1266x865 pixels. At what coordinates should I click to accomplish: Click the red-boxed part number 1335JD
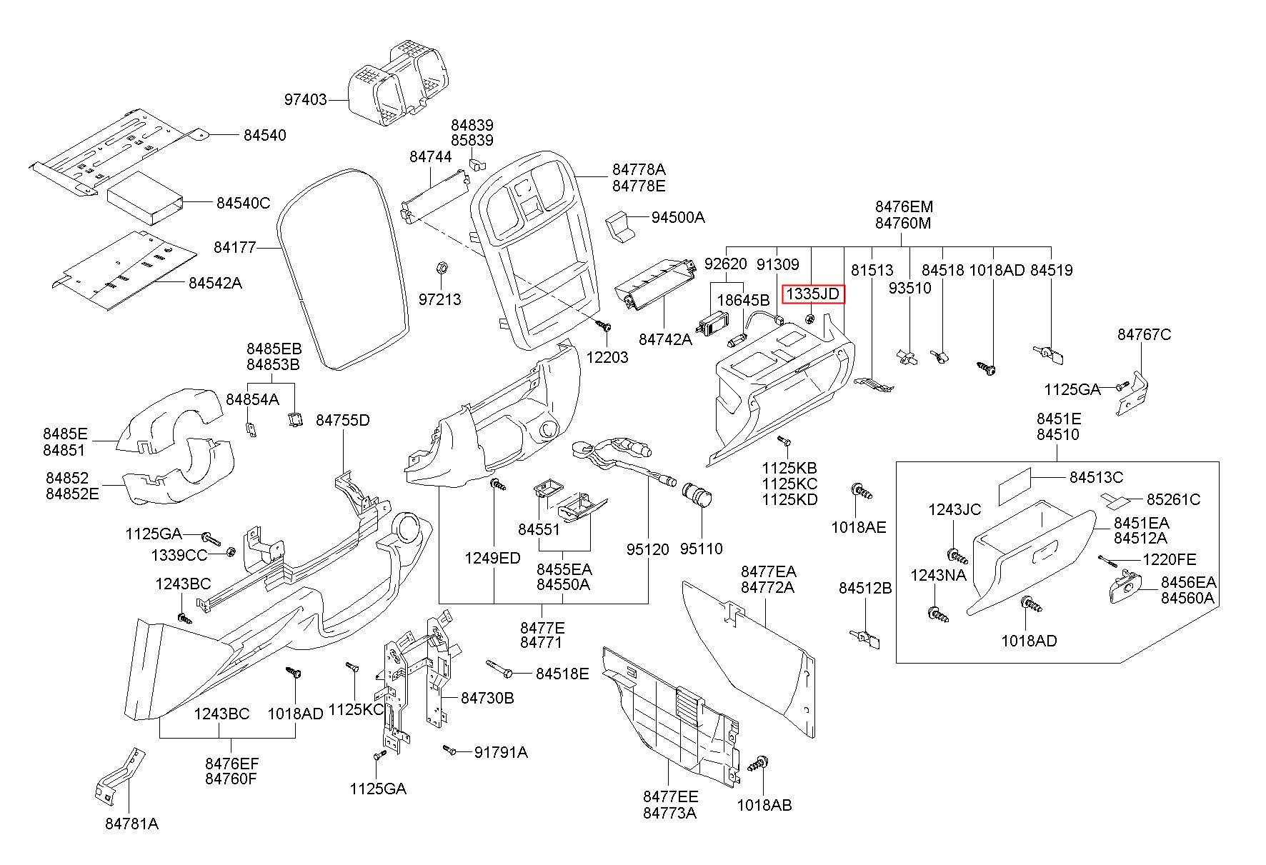point(813,294)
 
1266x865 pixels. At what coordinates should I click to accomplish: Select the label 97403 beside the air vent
point(306,100)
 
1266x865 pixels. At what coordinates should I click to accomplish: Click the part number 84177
point(234,248)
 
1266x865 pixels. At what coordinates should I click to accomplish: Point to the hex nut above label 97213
point(442,268)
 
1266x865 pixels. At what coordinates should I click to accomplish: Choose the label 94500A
point(677,217)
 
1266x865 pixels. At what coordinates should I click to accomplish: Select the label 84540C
point(244,204)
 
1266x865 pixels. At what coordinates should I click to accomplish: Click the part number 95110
point(701,549)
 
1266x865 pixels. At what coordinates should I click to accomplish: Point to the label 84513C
point(1096,477)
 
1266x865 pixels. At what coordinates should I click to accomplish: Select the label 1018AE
point(859,527)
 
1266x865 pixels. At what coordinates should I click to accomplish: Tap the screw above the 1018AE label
point(860,491)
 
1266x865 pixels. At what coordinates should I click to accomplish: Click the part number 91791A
point(501,751)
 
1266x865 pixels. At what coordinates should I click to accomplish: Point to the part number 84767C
point(1145,334)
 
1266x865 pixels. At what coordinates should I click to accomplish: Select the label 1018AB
point(764,805)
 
